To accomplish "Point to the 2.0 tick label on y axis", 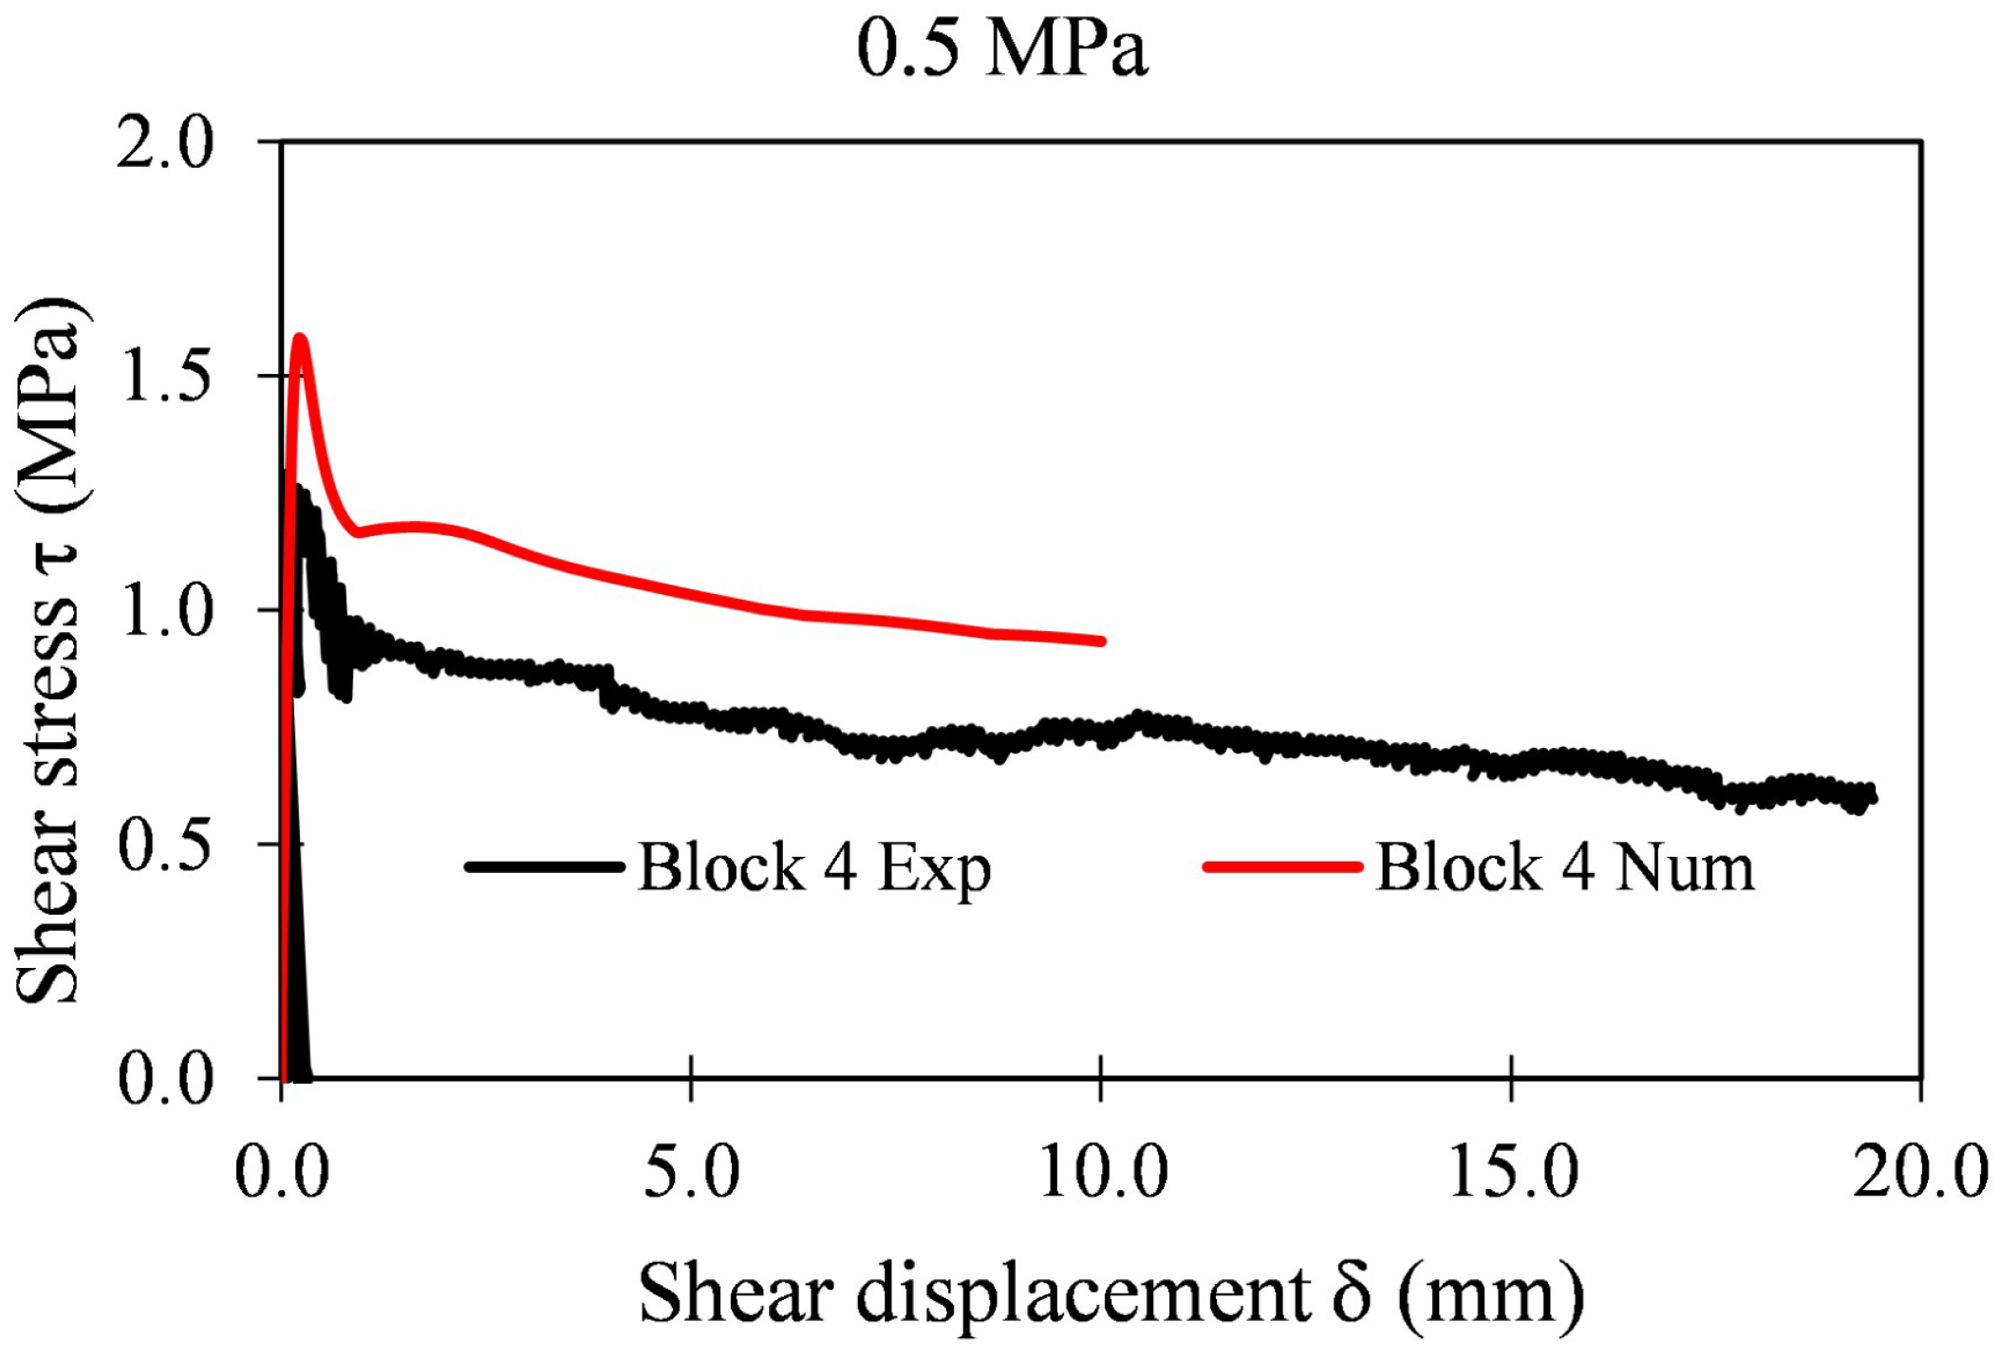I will [165, 145].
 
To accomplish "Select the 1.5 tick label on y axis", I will [165, 377].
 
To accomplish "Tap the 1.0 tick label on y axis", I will [165, 610].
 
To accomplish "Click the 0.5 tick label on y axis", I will [165, 844].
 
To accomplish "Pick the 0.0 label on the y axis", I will [165, 1079].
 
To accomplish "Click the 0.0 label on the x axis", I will [282, 1172].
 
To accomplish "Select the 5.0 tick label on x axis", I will [691, 1172].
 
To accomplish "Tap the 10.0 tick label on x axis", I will [1101, 1172].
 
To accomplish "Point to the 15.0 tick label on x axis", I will [1511, 1172].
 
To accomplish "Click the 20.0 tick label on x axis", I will [1919, 1172].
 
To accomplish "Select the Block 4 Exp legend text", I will [814, 867].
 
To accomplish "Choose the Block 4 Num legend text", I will [1564, 867].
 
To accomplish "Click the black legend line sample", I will [544, 866].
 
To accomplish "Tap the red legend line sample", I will [1282, 866].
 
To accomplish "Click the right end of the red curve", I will [1101, 642].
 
